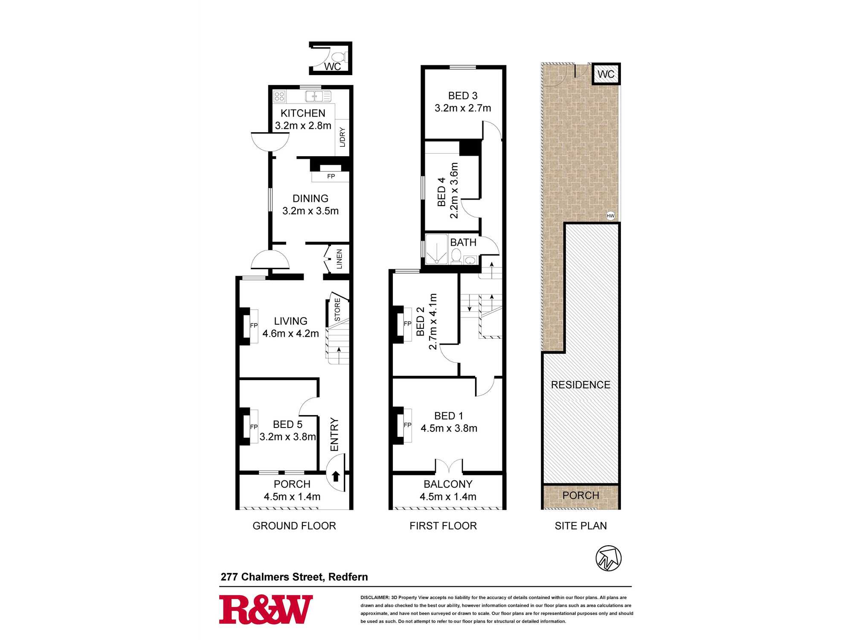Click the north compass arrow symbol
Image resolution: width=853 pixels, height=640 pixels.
[608, 558]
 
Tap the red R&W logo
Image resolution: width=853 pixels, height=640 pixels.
[266, 610]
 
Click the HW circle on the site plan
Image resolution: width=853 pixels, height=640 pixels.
[610, 216]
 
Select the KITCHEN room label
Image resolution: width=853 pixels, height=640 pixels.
[303, 113]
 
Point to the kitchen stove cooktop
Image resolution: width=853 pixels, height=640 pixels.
[279, 96]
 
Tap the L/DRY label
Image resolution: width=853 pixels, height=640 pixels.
[342, 137]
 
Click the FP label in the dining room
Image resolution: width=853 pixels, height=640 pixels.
[331, 176]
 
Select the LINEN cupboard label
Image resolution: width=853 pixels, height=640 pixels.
[339, 259]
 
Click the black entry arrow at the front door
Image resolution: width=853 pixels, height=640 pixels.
[336, 476]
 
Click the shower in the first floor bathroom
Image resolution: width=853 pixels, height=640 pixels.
[437, 249]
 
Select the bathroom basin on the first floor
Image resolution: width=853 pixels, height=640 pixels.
[470, 260]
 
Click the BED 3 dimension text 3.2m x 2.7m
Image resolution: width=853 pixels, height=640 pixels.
[463, 108]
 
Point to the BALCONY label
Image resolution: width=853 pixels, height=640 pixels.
[448, 484]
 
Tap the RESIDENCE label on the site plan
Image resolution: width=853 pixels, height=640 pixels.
[580, 385]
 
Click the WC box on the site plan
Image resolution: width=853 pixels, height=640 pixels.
[606, 74]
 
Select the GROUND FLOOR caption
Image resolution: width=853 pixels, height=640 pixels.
[294, 526]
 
